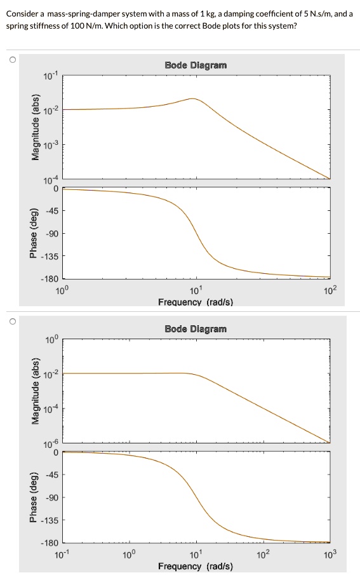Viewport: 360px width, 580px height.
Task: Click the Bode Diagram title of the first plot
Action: [195, 65]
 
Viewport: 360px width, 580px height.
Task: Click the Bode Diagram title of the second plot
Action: [195, 328]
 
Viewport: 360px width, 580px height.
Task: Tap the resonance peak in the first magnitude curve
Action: [192, 98]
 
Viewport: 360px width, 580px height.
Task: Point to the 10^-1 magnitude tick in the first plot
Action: [50, 76]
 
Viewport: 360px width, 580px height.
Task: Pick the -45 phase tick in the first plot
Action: [51, 211]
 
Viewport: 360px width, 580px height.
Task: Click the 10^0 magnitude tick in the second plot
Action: [51, 340]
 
